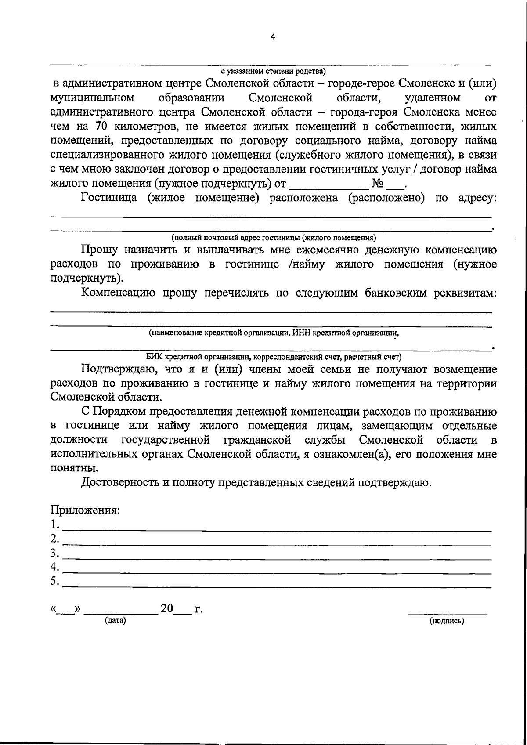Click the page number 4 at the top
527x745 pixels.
coord(273,37)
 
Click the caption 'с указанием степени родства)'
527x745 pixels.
coord(273,71)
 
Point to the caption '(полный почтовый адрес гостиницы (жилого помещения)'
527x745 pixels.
coord(274,238)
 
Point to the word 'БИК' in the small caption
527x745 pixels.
coord(154,356)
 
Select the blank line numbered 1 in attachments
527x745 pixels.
coord(277,530)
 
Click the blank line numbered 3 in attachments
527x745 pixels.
coord(277,558)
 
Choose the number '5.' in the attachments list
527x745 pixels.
coord(54,581)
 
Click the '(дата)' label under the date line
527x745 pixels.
coord(115,620)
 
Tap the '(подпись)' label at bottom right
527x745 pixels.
coord(447,621)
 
